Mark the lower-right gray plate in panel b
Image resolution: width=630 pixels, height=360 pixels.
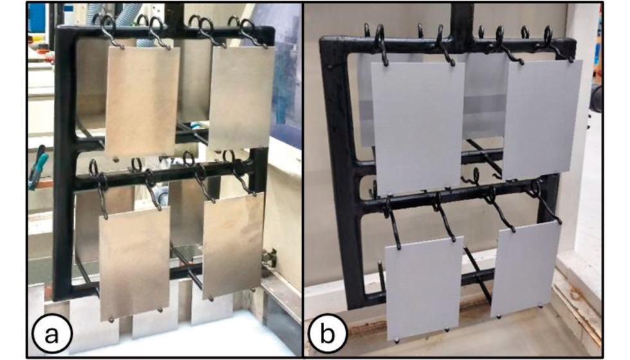pos(526,270)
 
